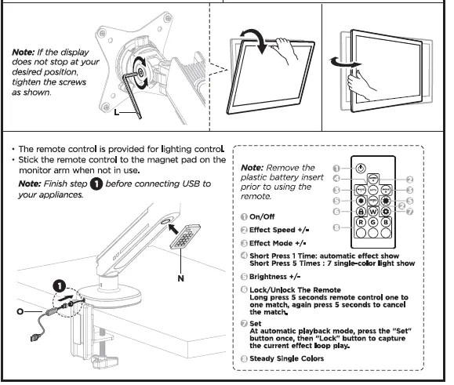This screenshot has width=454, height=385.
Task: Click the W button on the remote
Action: tap(375, 211)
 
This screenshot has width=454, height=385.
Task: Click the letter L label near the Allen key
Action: tap(116, 114)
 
